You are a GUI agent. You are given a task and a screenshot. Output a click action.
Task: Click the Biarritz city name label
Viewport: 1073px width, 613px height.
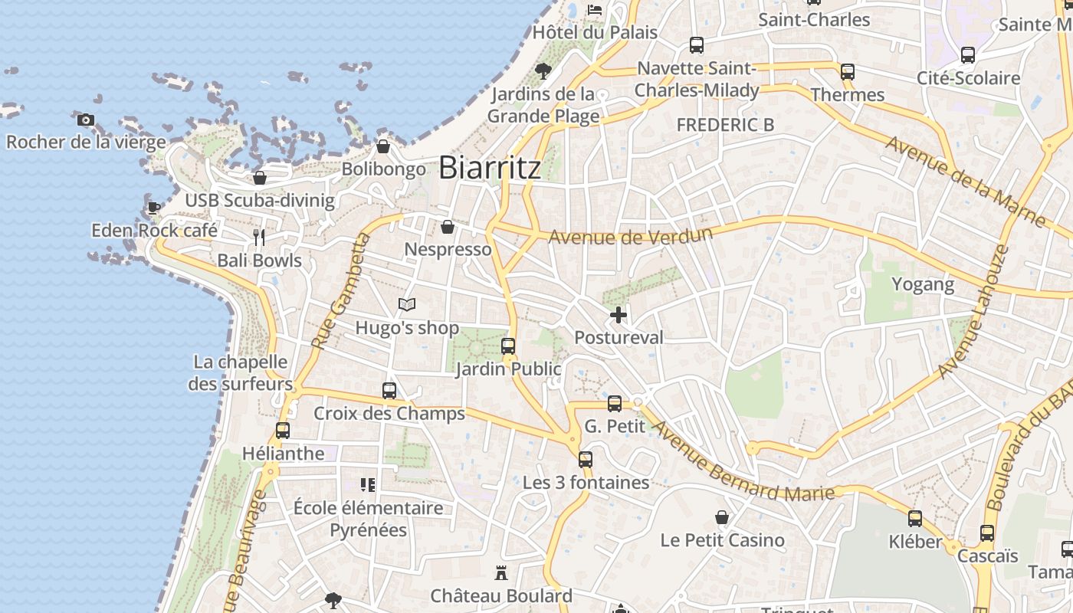coord(490,168)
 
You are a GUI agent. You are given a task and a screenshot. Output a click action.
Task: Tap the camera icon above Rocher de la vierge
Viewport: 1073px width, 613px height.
coord(86,120)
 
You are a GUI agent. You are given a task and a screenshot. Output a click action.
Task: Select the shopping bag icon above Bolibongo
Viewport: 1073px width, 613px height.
coord(383,146)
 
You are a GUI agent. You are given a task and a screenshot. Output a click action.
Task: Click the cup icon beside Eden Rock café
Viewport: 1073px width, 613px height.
coord(153,208)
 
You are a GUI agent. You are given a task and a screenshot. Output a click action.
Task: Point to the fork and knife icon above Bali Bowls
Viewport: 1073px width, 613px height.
coord(259,238)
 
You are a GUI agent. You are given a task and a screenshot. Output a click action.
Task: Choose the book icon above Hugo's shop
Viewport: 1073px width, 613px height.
coord(407,305)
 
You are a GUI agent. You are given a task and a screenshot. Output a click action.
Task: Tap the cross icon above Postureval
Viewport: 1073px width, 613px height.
coord(619,315)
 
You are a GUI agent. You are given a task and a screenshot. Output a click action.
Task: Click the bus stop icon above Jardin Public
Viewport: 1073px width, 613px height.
coord(508,346)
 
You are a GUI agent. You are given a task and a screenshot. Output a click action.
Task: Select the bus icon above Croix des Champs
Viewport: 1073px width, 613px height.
coord(389,391)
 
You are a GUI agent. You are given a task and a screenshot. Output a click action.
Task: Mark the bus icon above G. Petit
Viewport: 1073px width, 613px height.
coord(615,403)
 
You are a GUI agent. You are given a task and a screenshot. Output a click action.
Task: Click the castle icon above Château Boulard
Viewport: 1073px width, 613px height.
coord(501,573)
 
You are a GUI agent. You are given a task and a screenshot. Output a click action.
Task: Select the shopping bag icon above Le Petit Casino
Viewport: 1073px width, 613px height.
coord(721,517)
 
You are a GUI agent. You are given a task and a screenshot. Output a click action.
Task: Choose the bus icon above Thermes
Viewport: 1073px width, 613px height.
coord(848,72)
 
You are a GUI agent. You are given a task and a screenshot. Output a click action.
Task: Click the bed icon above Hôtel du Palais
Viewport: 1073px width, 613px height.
coord(595,10)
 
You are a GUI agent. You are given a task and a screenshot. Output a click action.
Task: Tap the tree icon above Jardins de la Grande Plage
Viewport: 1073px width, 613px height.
coord(543,71)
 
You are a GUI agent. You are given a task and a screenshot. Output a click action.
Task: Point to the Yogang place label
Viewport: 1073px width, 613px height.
coord(923,284)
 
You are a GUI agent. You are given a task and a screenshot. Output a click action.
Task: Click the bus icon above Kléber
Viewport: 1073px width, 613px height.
coord(915,519)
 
